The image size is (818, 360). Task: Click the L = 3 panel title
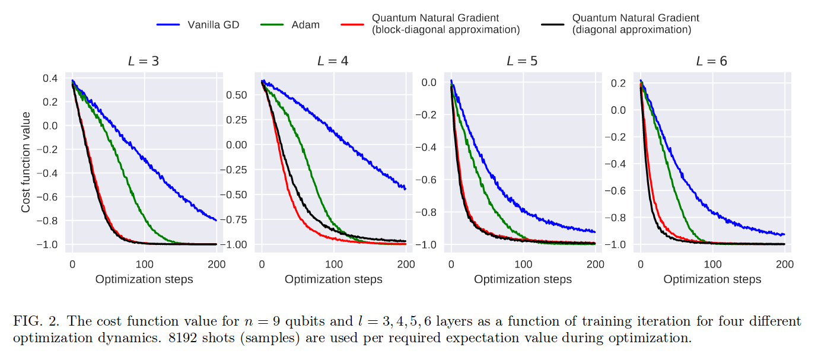click(143, 61)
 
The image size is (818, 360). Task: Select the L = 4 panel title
click(332, 61)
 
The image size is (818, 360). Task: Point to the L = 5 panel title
click(521, 61)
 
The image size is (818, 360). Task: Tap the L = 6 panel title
click(711, 61)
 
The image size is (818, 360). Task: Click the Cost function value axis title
click(26, 163)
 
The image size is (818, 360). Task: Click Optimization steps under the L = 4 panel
click(333, 279)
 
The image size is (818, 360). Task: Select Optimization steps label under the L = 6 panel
click(712, 279)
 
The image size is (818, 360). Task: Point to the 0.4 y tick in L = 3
click(50, 78)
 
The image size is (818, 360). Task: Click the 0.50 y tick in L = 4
click(237, 95)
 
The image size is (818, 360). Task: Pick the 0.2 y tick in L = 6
click(619, 84)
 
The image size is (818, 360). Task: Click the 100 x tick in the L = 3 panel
click(144, 265)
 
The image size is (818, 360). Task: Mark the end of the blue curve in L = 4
click(405, 189)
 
